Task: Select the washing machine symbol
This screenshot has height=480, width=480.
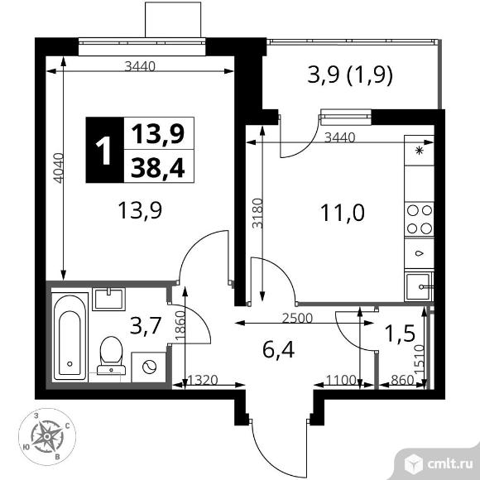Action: tap(149, 366)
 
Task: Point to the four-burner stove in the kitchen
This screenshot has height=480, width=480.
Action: tap(418, 219)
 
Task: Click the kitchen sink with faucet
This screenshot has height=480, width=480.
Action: tap(418, 286)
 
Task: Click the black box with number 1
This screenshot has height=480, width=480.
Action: tap(103, 151)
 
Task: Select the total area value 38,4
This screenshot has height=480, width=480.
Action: tap(156, 169)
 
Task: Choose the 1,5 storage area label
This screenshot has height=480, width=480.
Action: tap(401, 334)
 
